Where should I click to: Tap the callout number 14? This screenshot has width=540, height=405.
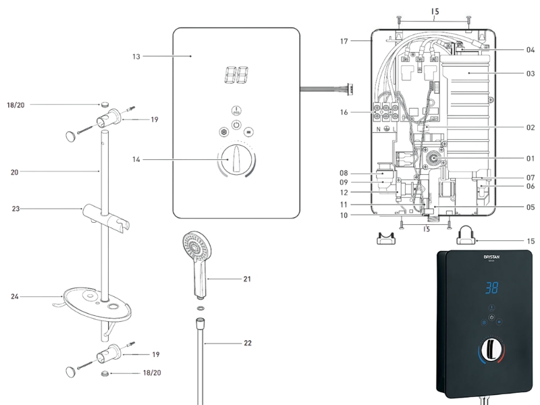pos(136,160)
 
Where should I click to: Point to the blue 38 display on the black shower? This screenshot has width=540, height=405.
pos(492,288)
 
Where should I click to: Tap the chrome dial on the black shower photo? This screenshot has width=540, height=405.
pos(491,352)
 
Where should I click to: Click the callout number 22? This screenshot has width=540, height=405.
pos(248,343)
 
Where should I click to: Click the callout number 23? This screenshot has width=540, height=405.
pos(17,209)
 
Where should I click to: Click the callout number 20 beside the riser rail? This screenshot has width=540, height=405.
pos(15,172)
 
